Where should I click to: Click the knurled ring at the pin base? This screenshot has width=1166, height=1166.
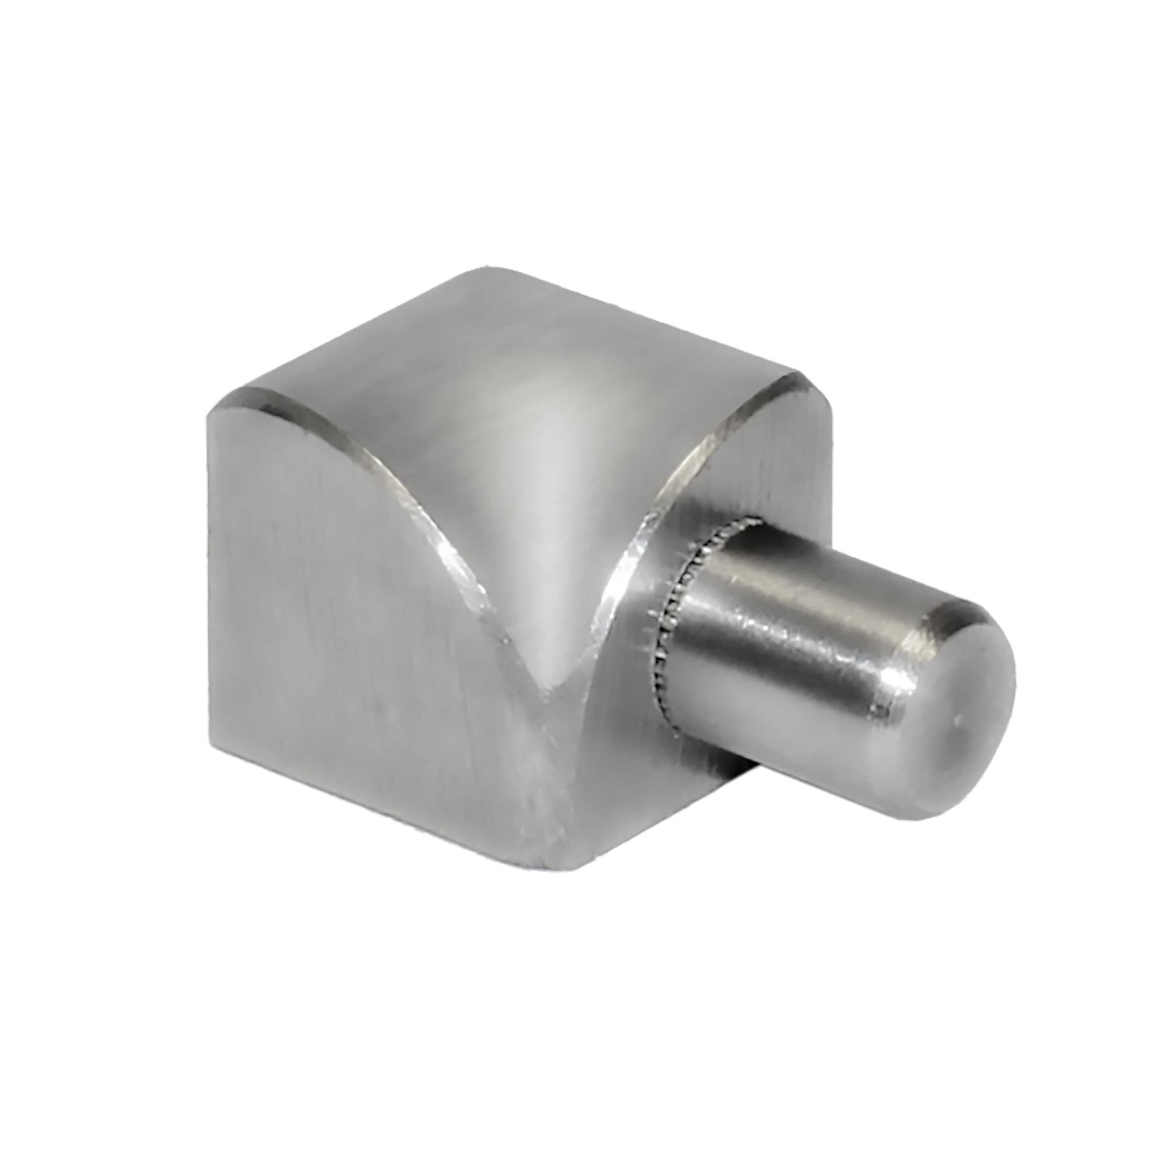tap(679, 610)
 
